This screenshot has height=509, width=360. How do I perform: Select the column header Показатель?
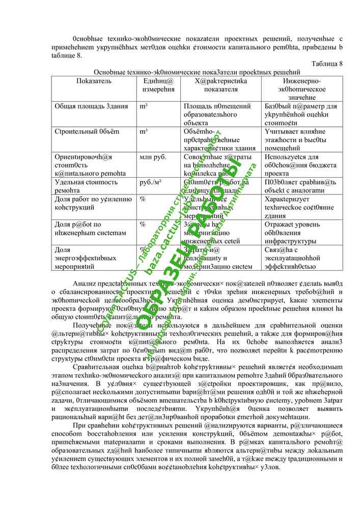pos(94,81)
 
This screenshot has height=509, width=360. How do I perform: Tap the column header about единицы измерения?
pos(155,85)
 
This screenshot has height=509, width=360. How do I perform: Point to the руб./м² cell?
pos(151,182)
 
